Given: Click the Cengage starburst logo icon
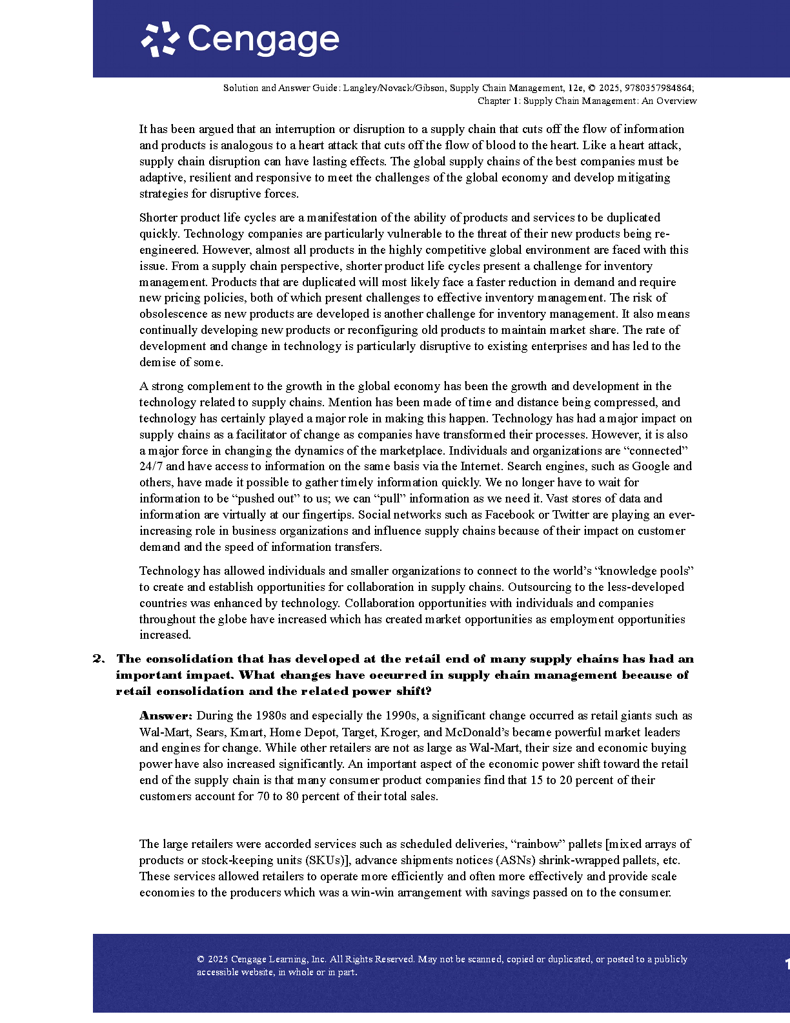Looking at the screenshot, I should [159, 39].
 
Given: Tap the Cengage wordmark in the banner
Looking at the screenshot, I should [263, 40].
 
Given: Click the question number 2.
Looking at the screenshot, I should [98, 659].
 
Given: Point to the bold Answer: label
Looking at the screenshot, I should [166, 716].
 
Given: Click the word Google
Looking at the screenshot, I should [651, 466].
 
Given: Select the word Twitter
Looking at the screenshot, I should [573, 515].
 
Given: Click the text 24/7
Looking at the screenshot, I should [151, 466].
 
